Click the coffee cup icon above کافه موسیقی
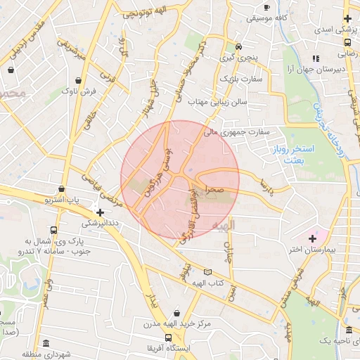[266, 8]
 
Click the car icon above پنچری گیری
[240, 47]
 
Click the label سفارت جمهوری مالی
[237, 131]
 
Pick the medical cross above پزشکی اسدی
[347, 18]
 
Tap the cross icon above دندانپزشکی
[100, 212]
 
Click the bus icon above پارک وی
[54, 230]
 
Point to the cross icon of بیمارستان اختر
[312, 238]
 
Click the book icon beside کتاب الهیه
[207, 272]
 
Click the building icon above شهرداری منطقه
[46, 344]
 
